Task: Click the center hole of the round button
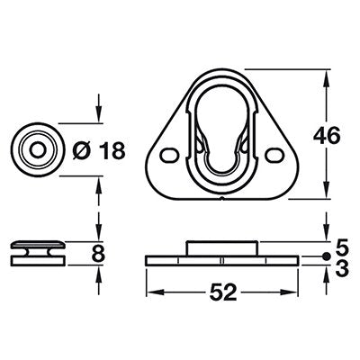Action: pyautogui.click(x=36, y=148)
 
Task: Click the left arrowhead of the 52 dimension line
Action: pyautogui.click(x=151, y=291)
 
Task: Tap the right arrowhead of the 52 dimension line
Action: pyautogui.click(x=292, y=291)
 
